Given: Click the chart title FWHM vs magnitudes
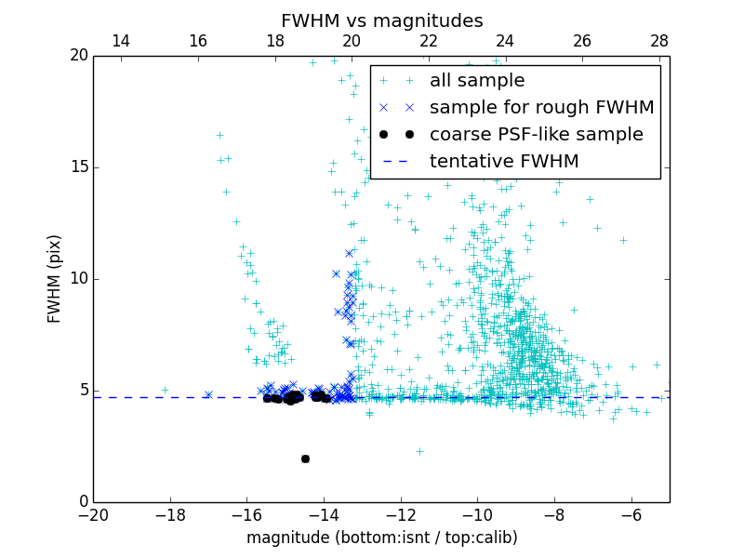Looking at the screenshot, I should pyautogui.click(x=381, y=20).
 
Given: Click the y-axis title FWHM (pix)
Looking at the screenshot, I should pyautogui.click(x=55, y=279).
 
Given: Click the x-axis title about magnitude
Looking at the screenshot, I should pyautogui.click(x=381, y=538).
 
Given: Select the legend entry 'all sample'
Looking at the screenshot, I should pyautogui.click(x=477, y=81).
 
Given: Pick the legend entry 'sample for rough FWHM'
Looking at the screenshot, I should pyautogui.click(x=541, y=108).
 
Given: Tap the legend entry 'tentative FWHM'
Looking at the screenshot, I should pyautogui.click(x=504, y=161).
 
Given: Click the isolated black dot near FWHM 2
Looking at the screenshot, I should pyautogui.click(x=305, y=458).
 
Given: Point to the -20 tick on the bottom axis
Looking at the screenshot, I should pyautogui.click(x=93, y=514).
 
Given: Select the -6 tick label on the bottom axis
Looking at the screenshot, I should pyautogui.click(x=631, y=514).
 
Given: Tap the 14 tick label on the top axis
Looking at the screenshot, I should pyautogui.click(x=121, y=41).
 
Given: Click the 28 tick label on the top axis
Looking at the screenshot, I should pyautogui.click(x=659, y=41).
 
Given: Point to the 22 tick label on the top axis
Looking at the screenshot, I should pyautogui.click(x=429, y=41).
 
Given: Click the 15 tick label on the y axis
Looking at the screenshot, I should pyautogui.click(x=78, y=167).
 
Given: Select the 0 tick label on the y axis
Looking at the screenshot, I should pyautogui.click(x=82, y=502).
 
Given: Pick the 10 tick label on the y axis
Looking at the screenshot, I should pyautogui.click(x=78, y=279).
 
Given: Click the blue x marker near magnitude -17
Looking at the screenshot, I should pyautogui.click(x=208, y=394).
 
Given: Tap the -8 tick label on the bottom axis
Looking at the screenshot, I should pyautogui.click(x=554, y=514).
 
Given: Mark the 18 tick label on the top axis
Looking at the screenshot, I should pyautogui.click(x=275, y=41).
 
